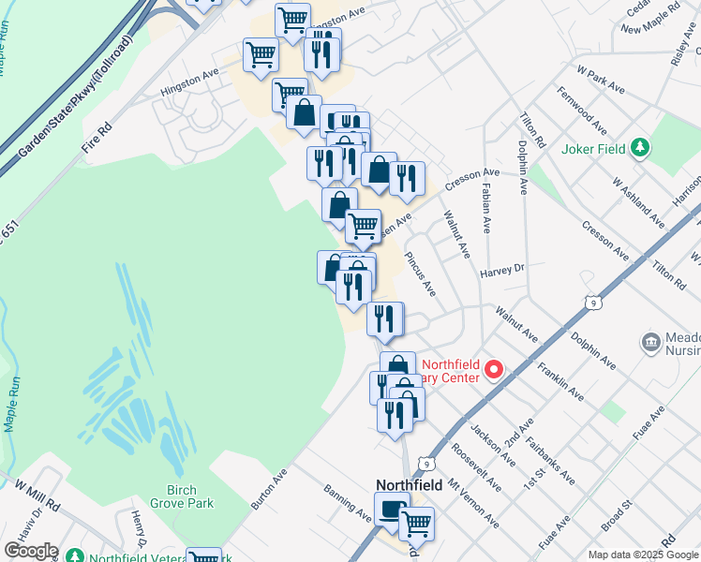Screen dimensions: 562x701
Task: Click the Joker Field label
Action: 594,147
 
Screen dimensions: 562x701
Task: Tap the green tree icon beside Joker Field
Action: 640,146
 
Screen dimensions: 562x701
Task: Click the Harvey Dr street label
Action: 503,271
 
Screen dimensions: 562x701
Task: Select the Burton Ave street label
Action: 268,490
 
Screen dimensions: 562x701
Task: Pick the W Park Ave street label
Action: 601,79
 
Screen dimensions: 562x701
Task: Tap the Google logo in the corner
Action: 30,550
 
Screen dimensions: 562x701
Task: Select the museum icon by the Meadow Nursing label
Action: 650,343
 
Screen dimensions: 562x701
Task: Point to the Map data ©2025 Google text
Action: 643,555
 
